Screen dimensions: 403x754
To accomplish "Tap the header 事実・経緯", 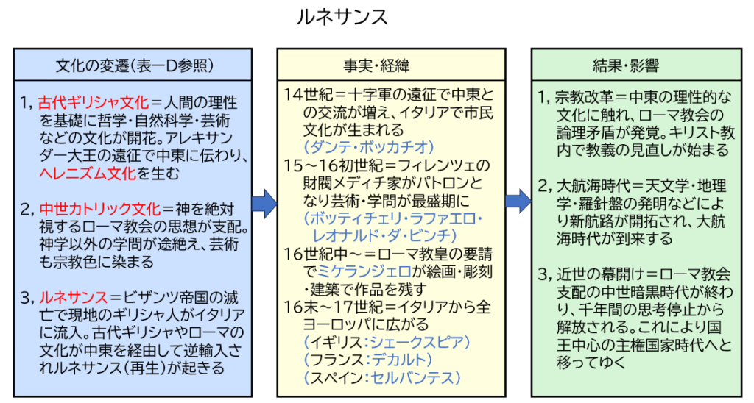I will (x=392, y=65).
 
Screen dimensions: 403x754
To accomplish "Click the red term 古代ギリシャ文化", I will (x=94, y=102).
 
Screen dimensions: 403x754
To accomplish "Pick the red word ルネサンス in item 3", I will (x=71, y=299).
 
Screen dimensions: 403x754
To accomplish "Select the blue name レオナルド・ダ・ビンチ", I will (x=381, y=235).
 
